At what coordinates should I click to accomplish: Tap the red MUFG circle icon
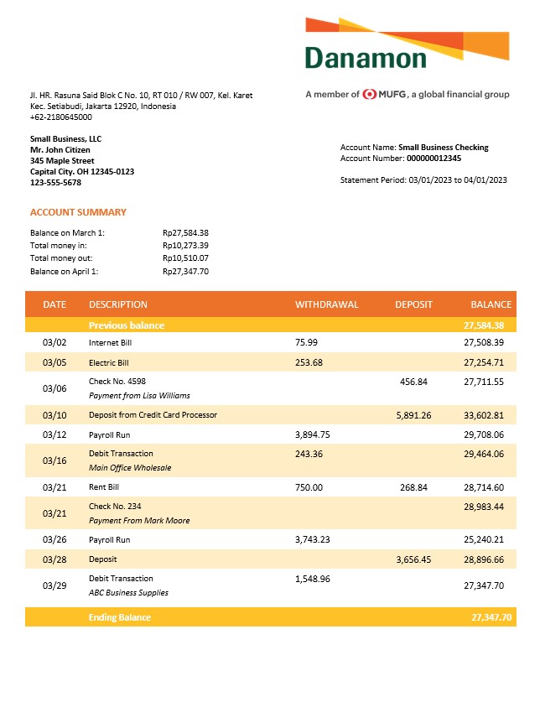(x=370, y=95)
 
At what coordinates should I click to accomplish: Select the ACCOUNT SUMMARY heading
(x=78, y=212)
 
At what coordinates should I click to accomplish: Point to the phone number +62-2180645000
(x=61, y=117)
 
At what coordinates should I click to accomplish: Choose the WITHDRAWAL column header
(x=326, y=304)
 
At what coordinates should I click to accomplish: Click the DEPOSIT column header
(x=413, y=304)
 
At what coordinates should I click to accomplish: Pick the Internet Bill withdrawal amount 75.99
(x=307, y=342)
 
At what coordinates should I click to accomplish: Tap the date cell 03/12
(x=54, y=435)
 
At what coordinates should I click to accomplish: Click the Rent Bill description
(x=105, y=486)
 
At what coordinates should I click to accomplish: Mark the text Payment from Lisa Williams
(x=139, y=395)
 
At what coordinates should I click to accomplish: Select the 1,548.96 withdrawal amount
(x=313, y=579)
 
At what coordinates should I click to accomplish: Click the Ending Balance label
(x=120, y=617)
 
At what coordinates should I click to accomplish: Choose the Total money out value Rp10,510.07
(x=185, y=258)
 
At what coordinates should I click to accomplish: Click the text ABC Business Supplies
(x=128, y=592)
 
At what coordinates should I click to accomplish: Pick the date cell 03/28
(x=54, y=559)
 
